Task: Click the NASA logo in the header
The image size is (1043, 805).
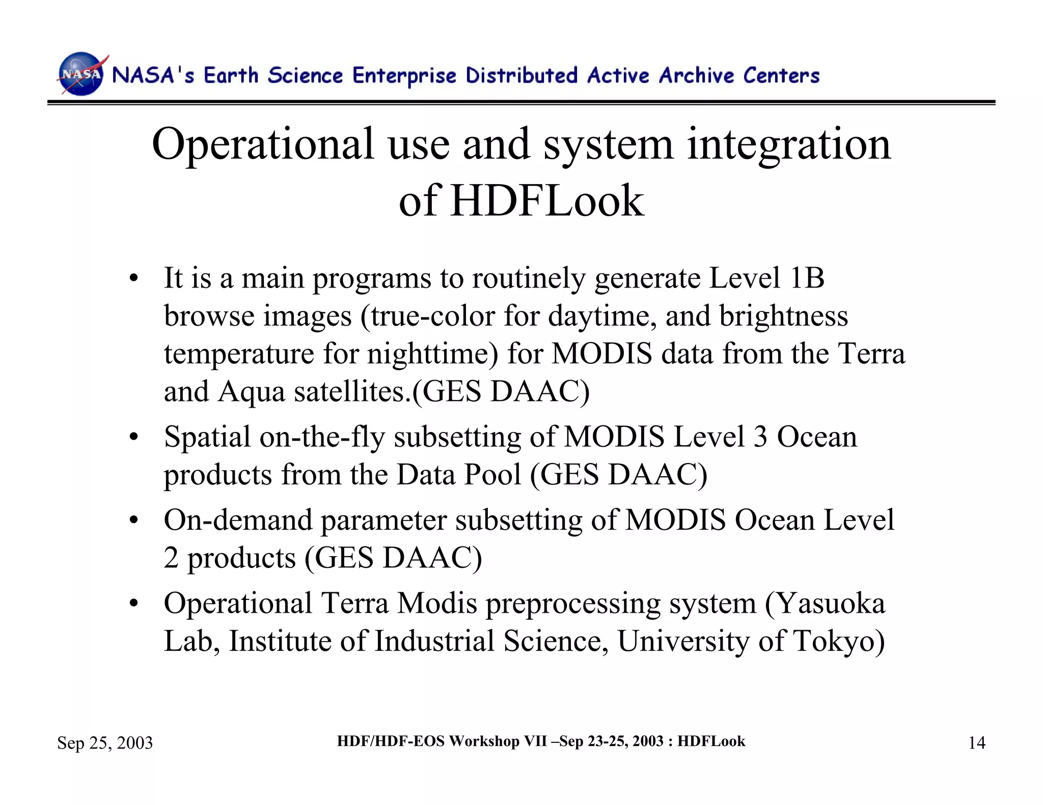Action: coord(81,74)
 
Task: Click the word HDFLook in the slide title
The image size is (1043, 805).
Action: coord(547,200)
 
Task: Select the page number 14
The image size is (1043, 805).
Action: coord(976,743)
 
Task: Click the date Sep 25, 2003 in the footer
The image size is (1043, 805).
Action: coord(105,743)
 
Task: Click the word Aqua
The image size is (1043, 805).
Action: coord(251,392)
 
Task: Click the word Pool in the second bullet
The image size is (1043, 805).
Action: coord(491,475)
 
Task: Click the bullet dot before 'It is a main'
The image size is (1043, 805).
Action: coord(133,279)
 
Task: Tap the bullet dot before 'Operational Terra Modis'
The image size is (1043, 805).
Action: coord(133,604)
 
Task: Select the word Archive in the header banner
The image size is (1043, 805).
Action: coord(696,75)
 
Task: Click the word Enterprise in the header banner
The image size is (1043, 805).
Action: coord(404,75)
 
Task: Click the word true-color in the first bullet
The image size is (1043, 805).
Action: coord(432,316)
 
